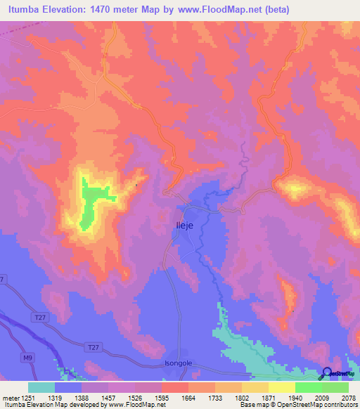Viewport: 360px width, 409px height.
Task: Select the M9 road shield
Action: [27, 358]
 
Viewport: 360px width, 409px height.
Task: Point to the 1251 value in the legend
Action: [29, 398]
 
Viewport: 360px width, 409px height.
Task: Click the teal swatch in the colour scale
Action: [41, 387]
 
